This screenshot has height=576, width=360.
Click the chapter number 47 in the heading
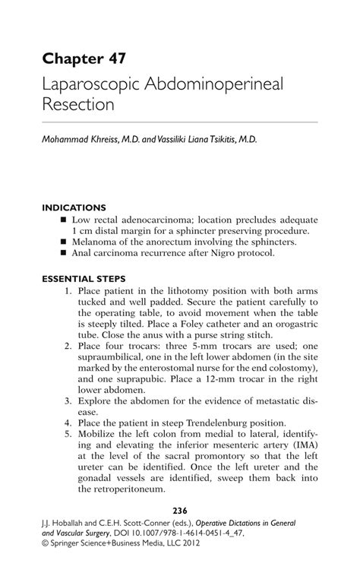coord(115,59)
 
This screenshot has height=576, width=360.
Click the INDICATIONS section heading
coord(74,207)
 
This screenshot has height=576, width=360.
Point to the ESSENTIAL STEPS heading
coord(84,278)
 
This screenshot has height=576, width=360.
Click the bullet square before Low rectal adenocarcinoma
coord(65,219)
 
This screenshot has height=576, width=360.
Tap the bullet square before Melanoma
coord(65,242)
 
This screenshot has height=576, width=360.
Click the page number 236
coord(179,510)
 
